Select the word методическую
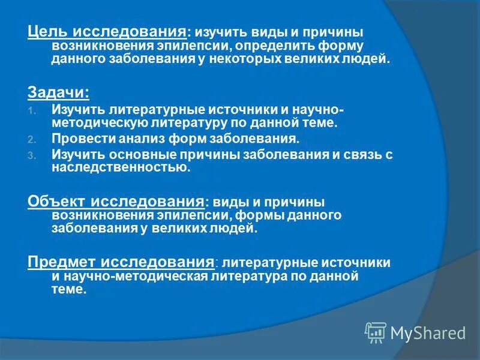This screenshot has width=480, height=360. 94,123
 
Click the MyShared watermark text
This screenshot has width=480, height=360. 428,332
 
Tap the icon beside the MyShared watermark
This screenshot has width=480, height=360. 375,332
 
